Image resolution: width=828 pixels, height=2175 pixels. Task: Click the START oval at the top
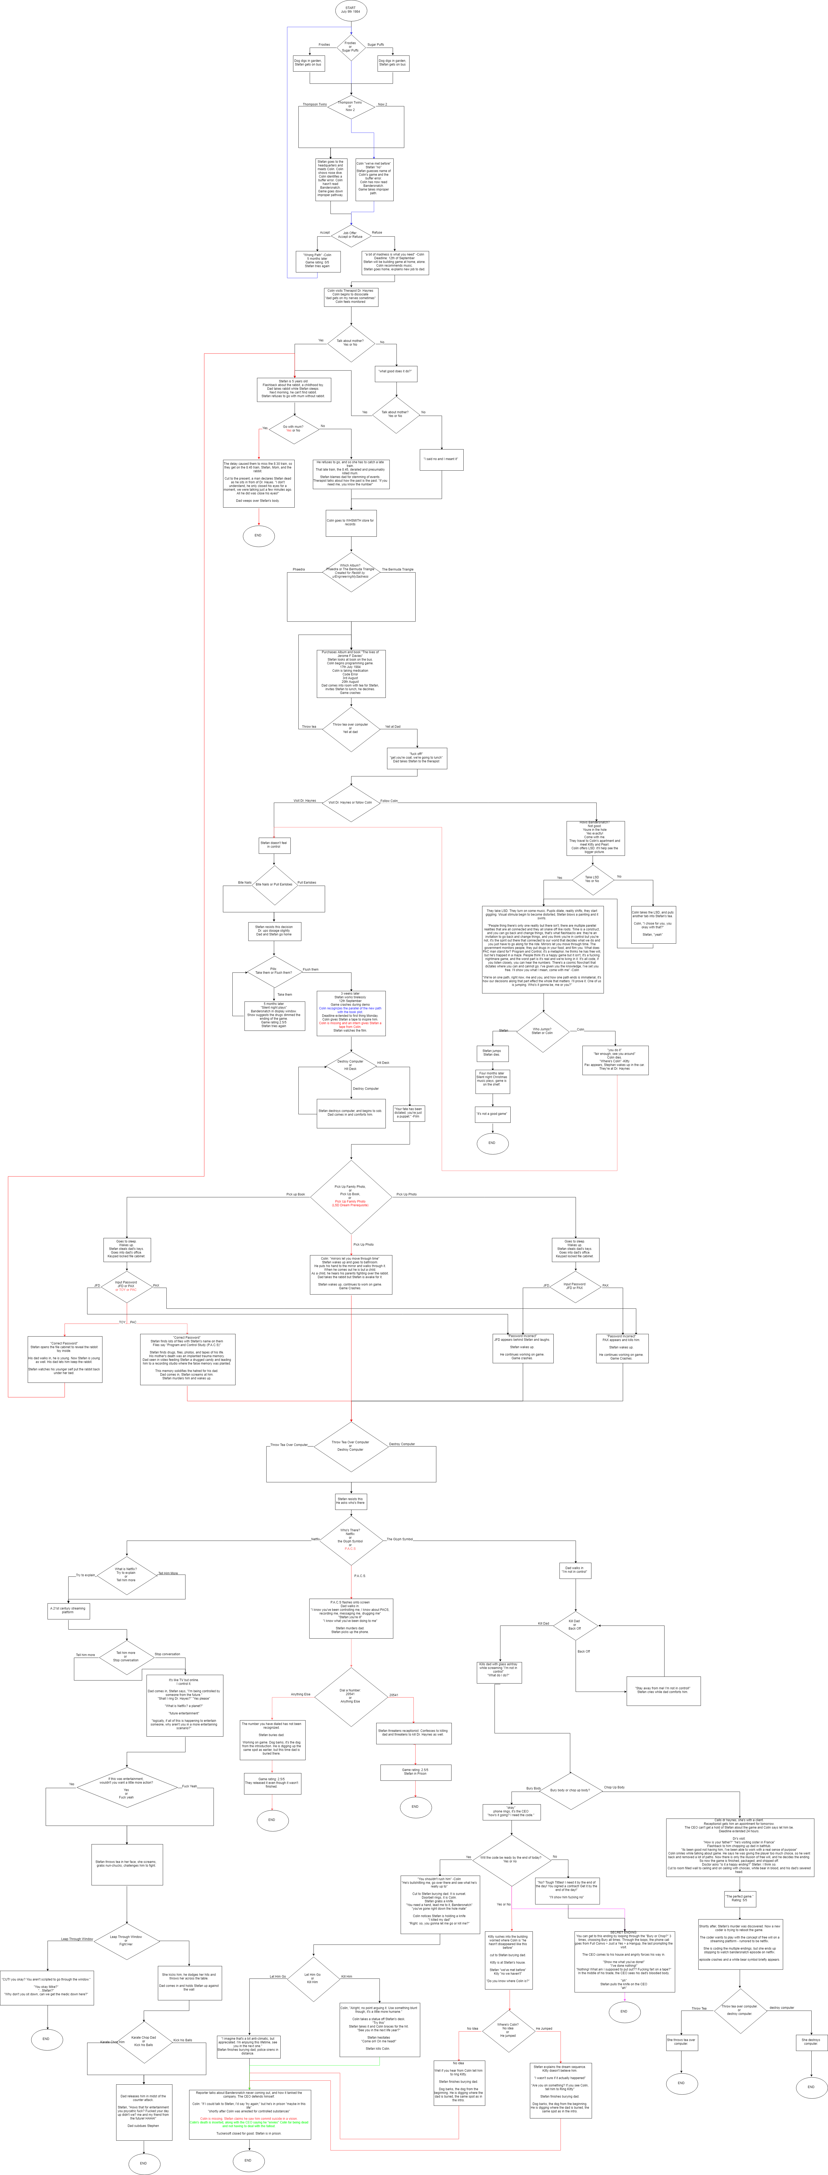coord(351,10)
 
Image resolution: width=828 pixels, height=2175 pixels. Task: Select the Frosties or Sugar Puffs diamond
coord(351,47)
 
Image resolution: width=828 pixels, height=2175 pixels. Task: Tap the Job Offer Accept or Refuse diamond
coord(351,235)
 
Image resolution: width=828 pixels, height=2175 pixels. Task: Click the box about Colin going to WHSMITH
coord(351,523)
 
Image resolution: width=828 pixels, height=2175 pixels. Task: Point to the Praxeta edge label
coord(299,569)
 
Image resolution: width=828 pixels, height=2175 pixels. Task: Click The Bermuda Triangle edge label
coord(398,569)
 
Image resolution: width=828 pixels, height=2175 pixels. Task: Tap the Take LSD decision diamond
coord(592,879)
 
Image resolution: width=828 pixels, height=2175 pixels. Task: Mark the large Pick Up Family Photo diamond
coord(351,1195)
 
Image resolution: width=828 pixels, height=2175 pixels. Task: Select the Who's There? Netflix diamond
coord(351,1539)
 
